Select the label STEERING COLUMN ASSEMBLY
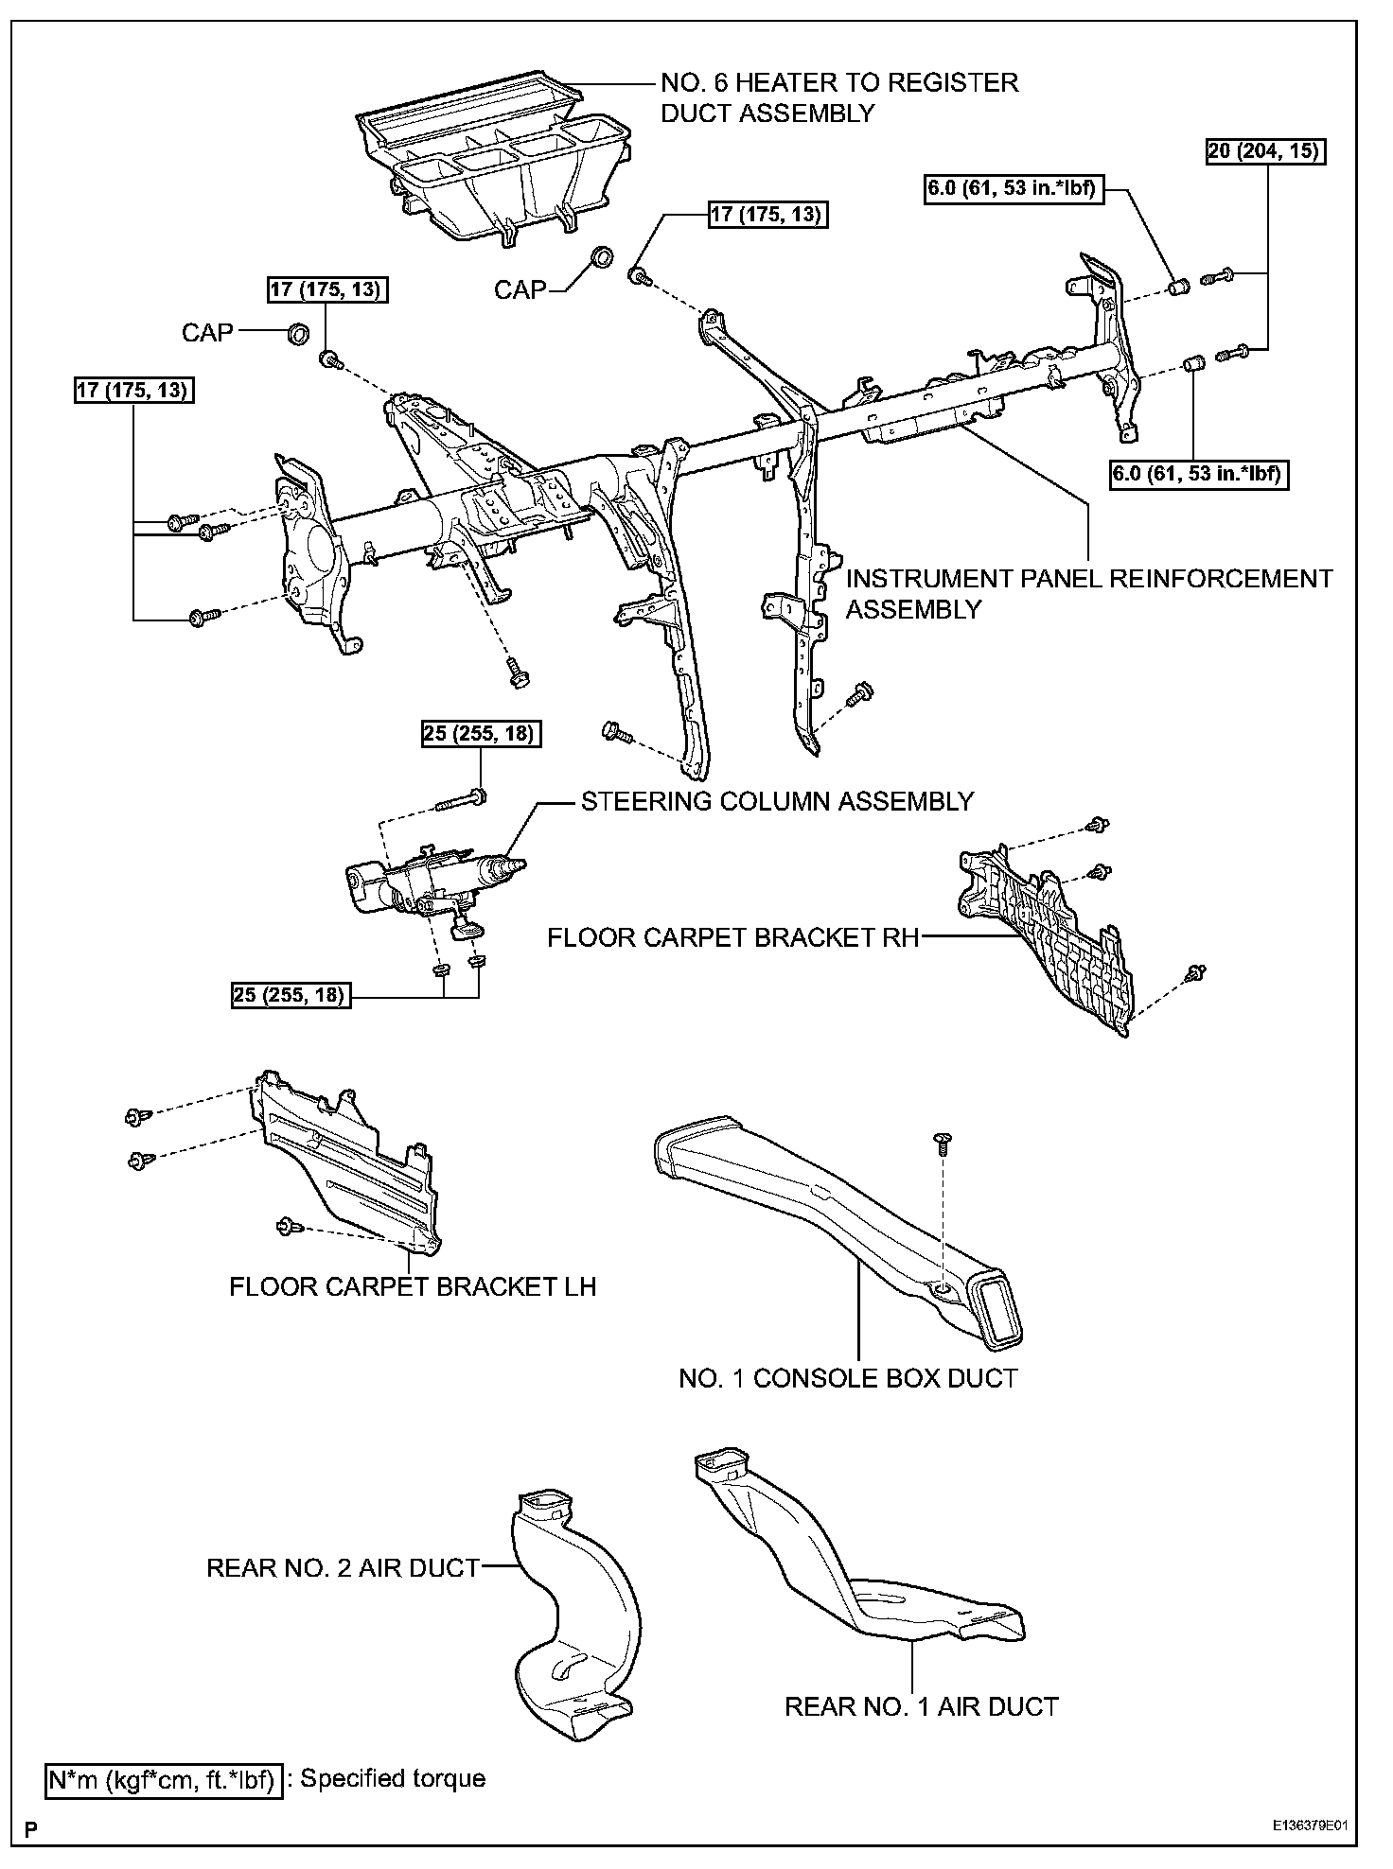point(777,801)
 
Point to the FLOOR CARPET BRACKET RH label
point(732,937)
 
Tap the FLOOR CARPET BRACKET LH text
point(413,1286)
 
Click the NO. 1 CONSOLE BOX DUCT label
point(848,1378)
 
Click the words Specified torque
point(393,1778)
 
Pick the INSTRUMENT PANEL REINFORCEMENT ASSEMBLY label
point(1088,593)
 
